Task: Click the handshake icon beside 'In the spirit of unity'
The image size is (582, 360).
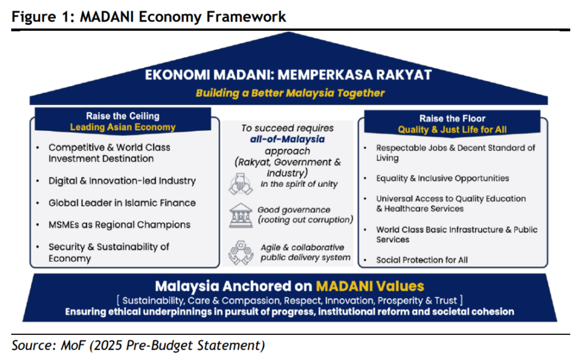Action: (x=241, y=184)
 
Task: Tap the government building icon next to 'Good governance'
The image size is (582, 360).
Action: (x=241, y=215)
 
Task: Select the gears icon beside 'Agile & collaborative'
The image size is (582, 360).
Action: (x=241, y=252)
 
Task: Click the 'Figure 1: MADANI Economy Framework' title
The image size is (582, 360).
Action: (x=149, y=17)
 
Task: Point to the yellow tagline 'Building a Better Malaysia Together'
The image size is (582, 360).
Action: (x=290, y=93)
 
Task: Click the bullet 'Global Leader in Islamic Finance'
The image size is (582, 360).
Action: (x=122, y=203)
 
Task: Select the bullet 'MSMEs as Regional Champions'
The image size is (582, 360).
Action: (x=120, y=225)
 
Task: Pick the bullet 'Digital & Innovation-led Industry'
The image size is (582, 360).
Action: (x=122, y=181)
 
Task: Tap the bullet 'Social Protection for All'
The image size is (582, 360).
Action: (x=422, y=260)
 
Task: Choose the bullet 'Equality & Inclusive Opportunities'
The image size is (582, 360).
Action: (x=443, y=178)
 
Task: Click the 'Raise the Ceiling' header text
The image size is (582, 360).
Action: (x=123, y=116)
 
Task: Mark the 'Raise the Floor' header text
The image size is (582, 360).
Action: (x=452, y=119)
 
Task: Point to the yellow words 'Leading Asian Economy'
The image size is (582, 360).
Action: (x=123, y=127)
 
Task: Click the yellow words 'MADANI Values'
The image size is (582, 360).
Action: (x=370, y=286)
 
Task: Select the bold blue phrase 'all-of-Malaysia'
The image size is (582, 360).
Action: (x=287, y=139)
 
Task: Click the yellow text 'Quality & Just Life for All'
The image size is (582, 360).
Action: (x=452, y=130)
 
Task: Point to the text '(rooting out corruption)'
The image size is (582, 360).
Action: (x=306, y=220)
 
